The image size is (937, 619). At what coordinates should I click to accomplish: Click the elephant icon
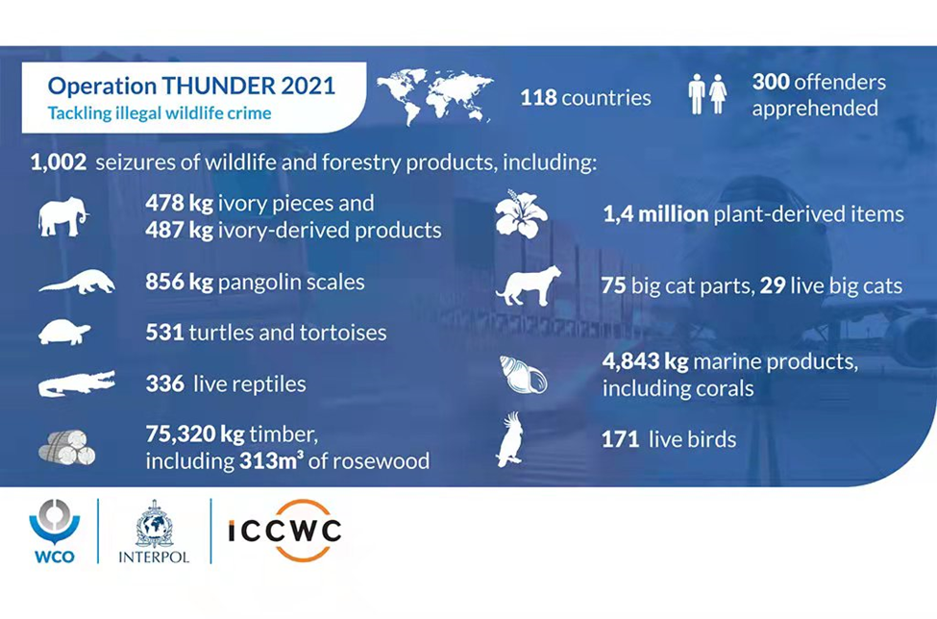pos(63,216)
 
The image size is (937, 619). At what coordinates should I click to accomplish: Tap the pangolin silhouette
pos(77,283)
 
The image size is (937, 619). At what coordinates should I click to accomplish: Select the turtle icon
pos(64,333)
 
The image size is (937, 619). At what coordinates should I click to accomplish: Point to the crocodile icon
pos(77,384)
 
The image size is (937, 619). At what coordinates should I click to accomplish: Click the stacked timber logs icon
pos(67,448)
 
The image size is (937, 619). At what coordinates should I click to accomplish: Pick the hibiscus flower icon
pos(521,214)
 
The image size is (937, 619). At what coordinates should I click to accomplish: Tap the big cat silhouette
pos(529,285)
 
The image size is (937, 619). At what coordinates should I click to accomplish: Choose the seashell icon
pos(523,375)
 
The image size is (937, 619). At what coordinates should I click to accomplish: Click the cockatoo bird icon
pos(510,439)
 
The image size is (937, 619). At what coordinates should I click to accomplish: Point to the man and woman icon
pos(707,94)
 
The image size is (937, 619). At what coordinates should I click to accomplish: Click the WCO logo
pos(55,532)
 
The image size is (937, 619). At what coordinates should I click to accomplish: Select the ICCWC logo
pos(284,531)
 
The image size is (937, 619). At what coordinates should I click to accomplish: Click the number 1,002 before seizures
pos(59,162)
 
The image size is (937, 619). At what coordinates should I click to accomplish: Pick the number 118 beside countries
pos(538,97)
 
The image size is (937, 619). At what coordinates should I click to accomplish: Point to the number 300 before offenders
pos(771,82)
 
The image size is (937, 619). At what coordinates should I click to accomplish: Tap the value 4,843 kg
pos(646,360)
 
